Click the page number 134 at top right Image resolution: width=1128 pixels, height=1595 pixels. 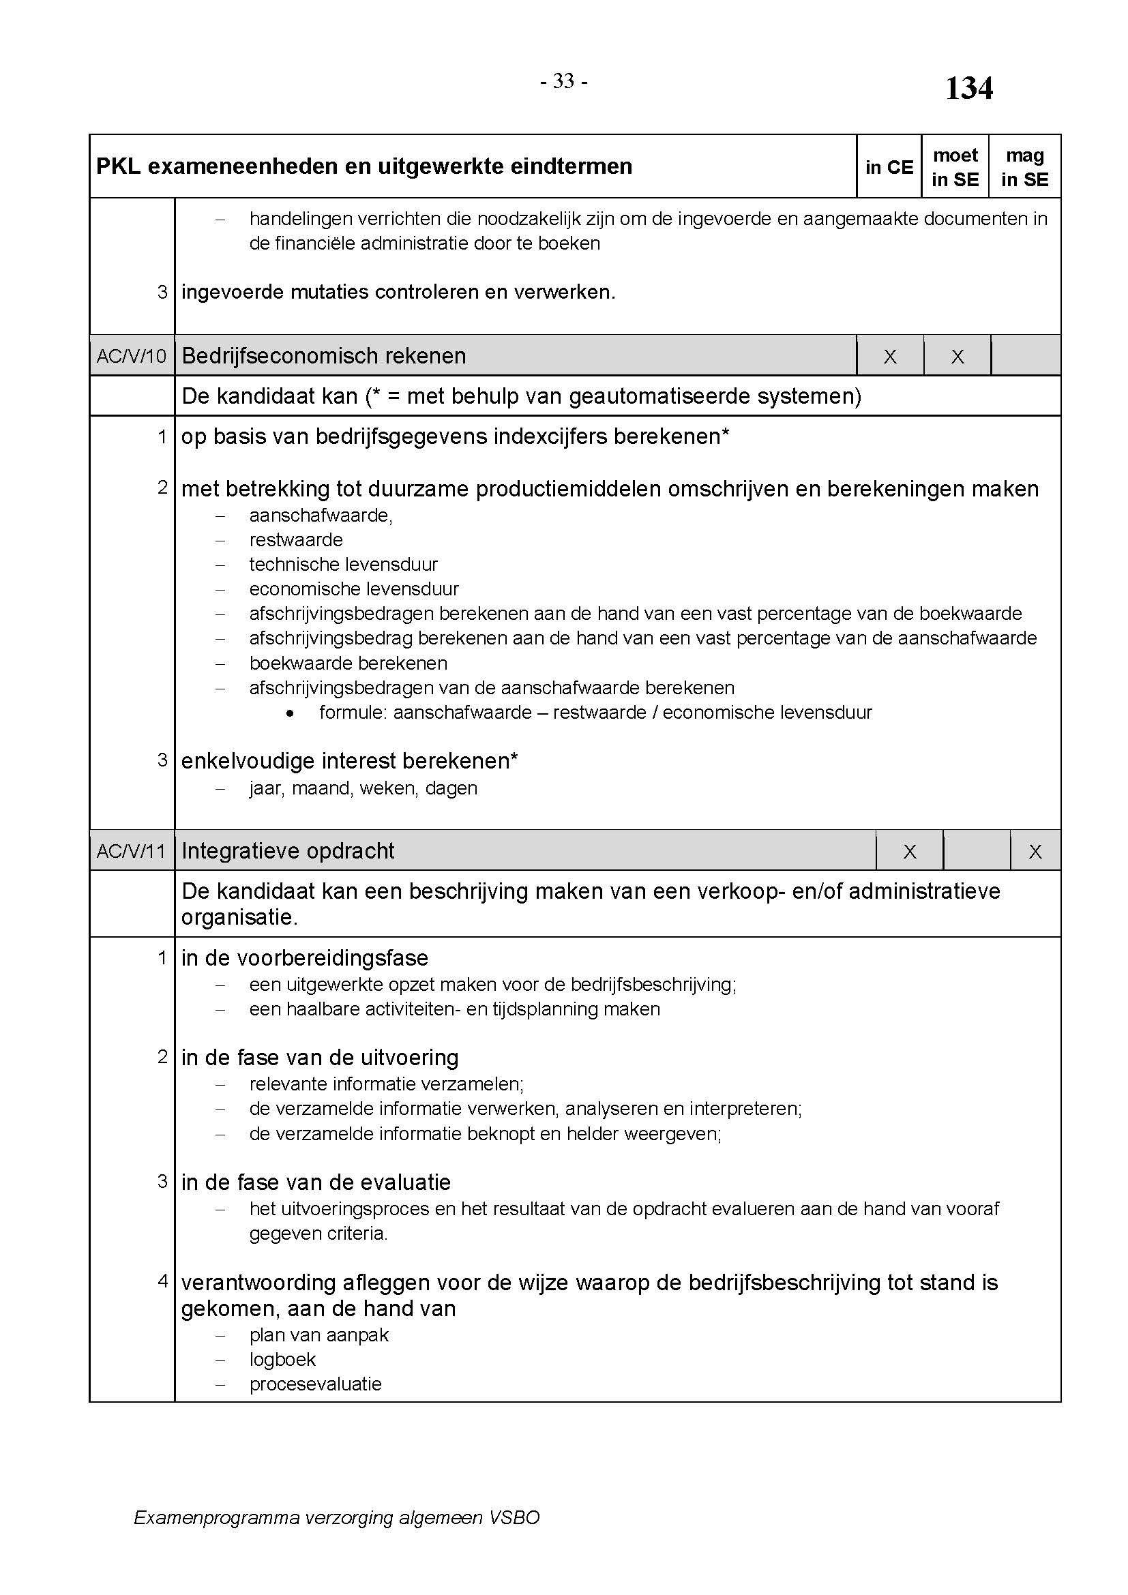click(x=969, y=89)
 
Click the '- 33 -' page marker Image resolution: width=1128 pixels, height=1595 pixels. click(x=564, y=82)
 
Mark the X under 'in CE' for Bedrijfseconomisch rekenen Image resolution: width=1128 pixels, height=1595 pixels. click(x=890, y=357)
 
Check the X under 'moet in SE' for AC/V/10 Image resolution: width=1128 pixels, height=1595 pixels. click(x=957, y=357)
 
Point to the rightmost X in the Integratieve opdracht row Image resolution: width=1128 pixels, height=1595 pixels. click(x=1035, y=852)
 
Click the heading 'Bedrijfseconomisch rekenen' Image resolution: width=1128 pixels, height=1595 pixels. click(x=324, y=357)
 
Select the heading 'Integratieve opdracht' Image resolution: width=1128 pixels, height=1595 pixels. click(x=288, y=851)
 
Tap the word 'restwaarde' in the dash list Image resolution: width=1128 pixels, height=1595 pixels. click(x=296, y=540)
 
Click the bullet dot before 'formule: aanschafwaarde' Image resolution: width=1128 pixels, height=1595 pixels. click(x=290, y=713)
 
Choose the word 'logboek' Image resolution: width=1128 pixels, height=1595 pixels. click(x=283, y=1360)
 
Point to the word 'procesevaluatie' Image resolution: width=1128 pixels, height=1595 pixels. click(x=315, y=1384)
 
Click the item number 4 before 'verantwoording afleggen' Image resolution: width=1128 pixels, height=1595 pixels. click(x=163, y=1281)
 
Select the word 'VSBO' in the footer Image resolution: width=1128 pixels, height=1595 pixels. click(x=514, y=1518)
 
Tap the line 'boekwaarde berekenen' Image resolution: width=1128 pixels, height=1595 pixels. click(x=348, y=664)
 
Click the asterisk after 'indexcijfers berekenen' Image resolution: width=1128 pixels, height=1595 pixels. click(x=726, y=434)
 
